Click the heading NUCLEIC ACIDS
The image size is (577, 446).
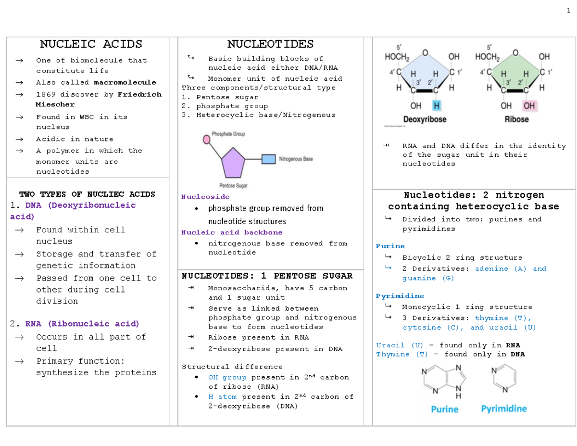point(91,44)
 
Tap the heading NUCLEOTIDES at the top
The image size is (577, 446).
point(270,44)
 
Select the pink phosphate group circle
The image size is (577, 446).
point(207,140)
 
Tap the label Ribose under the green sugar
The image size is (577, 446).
point(516,120)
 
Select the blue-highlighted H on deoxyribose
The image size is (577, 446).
point(436,105)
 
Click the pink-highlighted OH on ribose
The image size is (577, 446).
point(530,105)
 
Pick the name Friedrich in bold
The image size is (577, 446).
point(139,94)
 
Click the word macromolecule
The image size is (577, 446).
point(125,82)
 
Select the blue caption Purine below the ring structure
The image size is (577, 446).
point(445,409)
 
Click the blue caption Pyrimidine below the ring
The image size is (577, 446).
point(504,409)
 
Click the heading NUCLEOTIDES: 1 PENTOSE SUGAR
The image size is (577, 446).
point(267,276)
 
